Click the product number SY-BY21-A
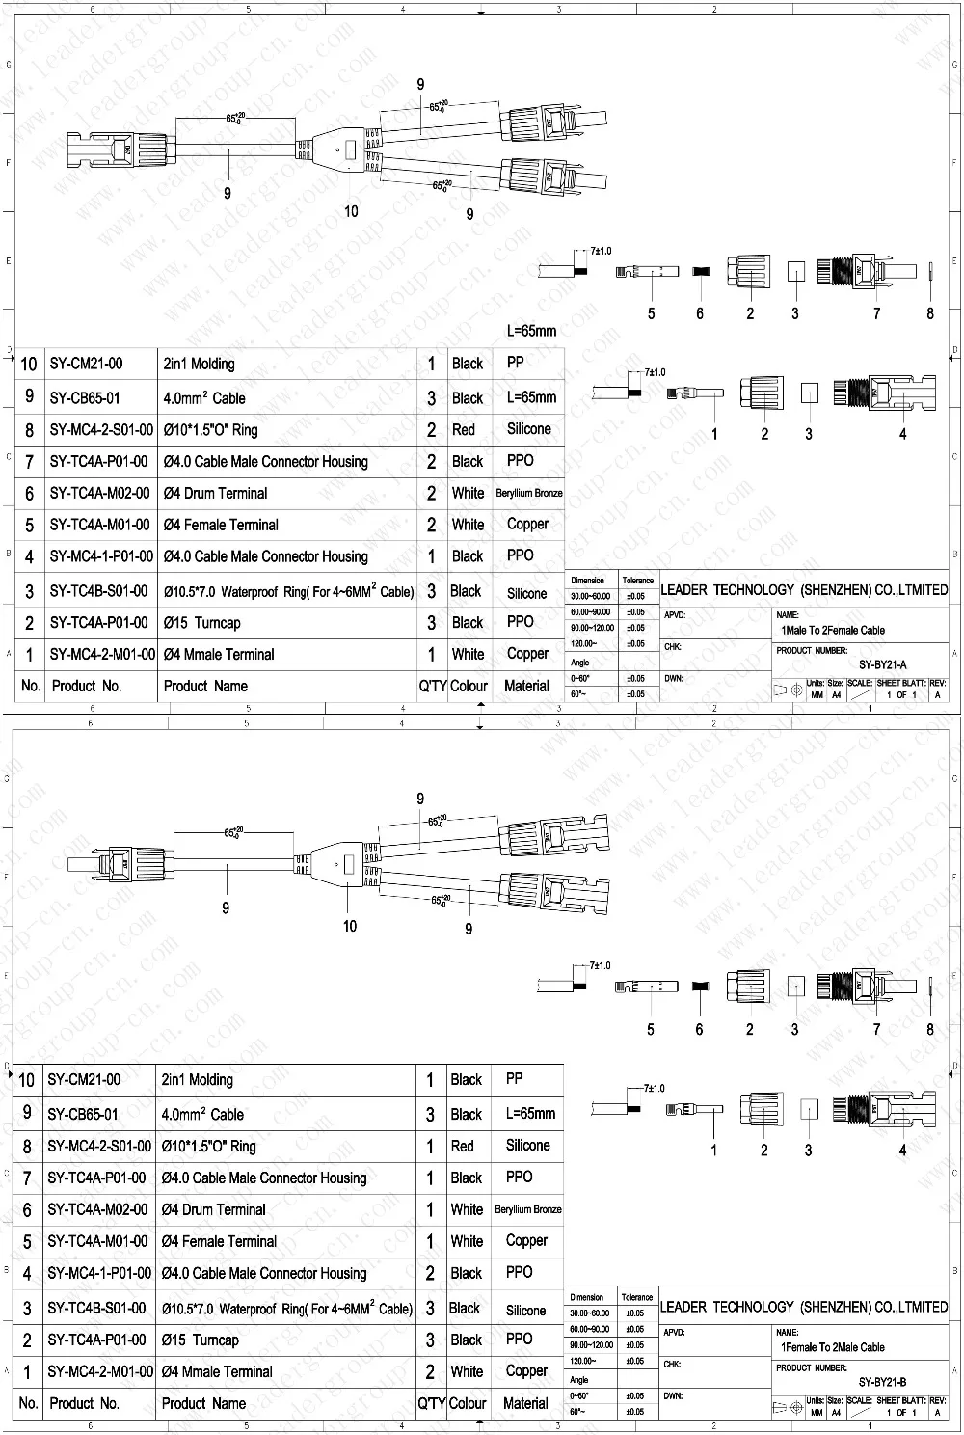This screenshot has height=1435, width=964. click(882, 664)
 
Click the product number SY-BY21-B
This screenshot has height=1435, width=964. click(882, 1382)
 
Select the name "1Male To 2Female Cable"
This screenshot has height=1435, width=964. click(833, 631)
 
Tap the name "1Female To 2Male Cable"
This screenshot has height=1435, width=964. click(833, 1347)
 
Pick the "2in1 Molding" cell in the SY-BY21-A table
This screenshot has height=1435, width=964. click(199, 365)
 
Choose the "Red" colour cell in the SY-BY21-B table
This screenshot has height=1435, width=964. click(463, 1146)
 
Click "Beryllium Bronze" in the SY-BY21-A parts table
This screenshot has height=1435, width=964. click(529, 493)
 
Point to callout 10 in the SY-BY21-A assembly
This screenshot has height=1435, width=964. click(351, 211)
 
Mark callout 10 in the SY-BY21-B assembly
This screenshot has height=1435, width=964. click(350, 926)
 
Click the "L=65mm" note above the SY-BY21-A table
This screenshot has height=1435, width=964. click(531, 331)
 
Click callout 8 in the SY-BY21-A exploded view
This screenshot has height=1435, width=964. click(930, 312)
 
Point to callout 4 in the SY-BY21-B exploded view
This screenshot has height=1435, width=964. click(903, 1150)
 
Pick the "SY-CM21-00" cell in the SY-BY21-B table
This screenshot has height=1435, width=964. click(85, 1080)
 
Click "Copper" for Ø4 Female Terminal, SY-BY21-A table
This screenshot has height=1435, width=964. click(527, 525)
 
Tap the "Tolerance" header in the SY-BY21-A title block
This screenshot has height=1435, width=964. click(637, 581)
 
